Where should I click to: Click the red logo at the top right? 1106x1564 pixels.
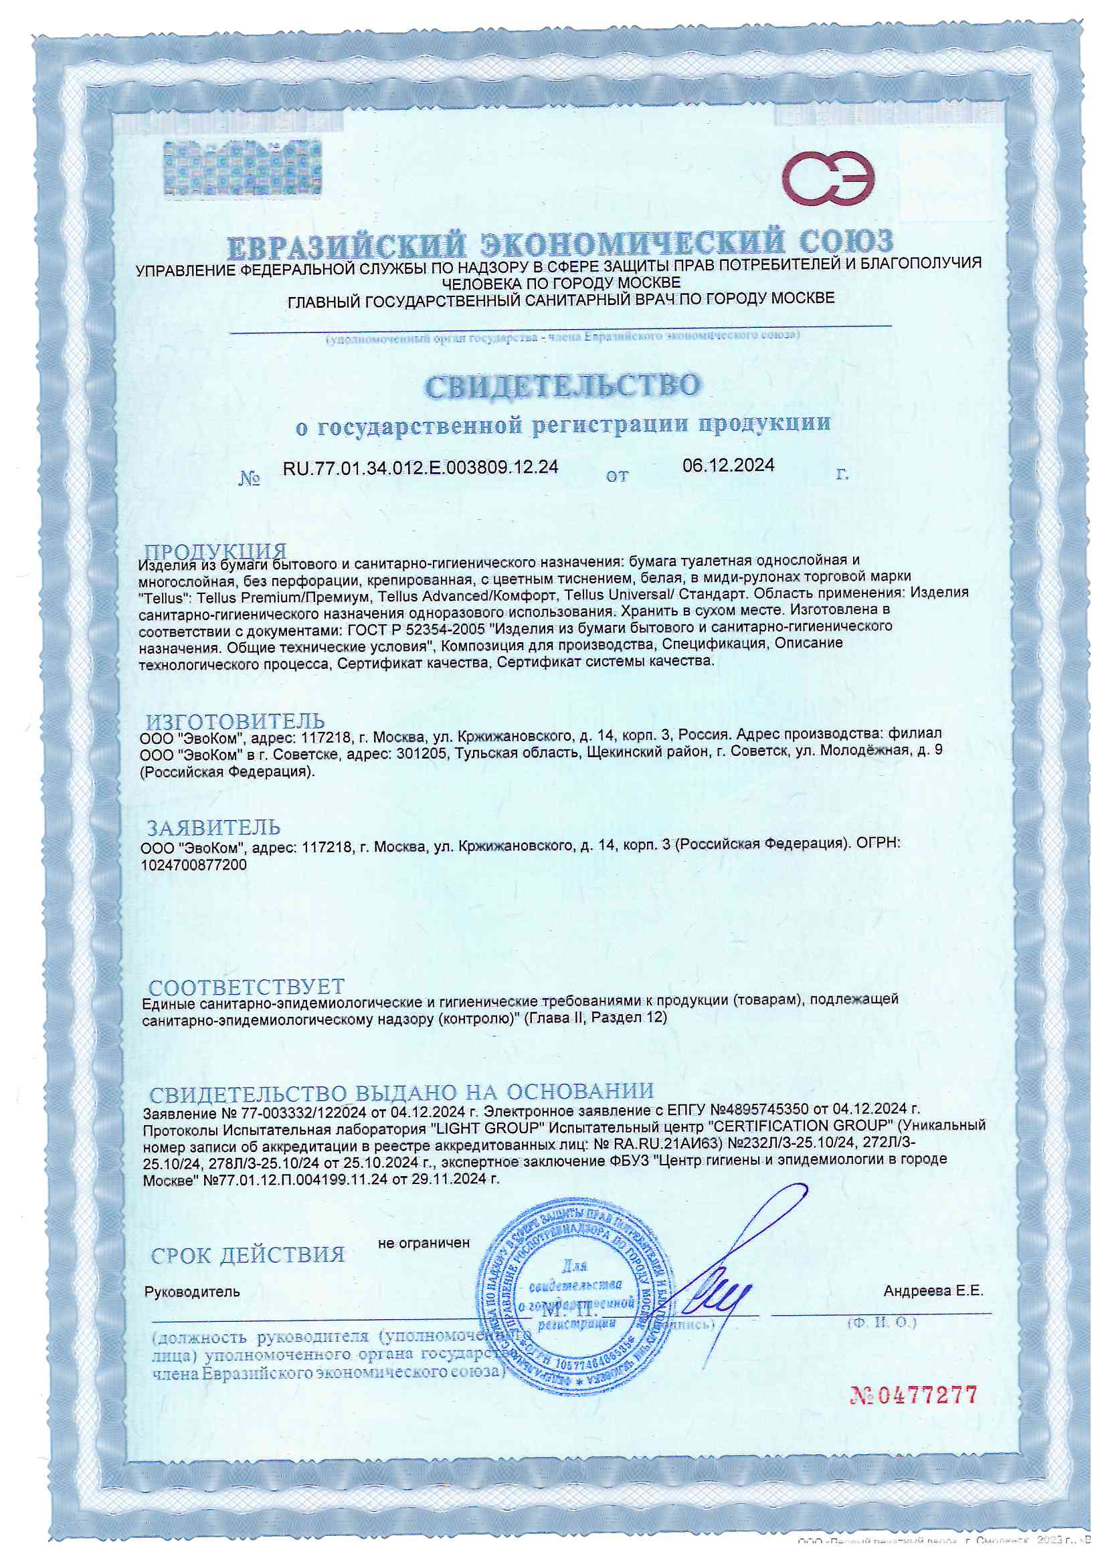point(831,181)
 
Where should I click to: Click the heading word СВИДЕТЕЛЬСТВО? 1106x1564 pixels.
point(561,385)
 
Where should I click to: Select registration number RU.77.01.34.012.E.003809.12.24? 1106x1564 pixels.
point(420,467)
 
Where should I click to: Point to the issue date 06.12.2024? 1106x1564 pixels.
point(728,465)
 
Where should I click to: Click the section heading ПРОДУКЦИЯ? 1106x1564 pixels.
point(215,551)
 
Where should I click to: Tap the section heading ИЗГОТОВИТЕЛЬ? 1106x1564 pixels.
point(235,720)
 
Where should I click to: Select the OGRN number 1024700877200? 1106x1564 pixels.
point(193,865)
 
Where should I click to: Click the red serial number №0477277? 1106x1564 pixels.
point(913,1394)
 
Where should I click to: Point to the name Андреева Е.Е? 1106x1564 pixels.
point(933,1291)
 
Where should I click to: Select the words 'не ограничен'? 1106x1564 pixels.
point(424,1242)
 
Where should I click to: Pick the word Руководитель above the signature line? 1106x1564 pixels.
point(192,1292)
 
